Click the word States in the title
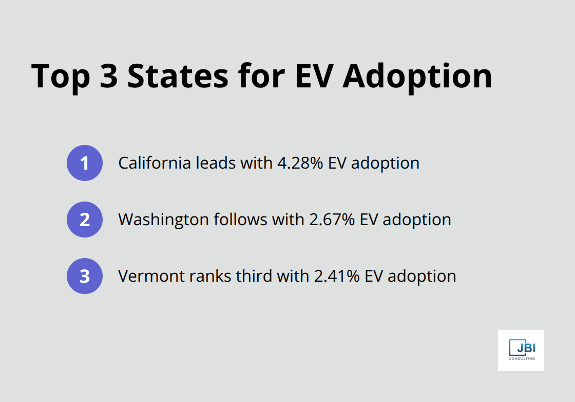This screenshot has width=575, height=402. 179,76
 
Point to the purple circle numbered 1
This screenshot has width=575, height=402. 85,163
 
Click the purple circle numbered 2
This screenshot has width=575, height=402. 85,220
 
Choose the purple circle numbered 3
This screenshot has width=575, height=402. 85,276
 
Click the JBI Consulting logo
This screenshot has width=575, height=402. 521,350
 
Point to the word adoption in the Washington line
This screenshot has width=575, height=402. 417,220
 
